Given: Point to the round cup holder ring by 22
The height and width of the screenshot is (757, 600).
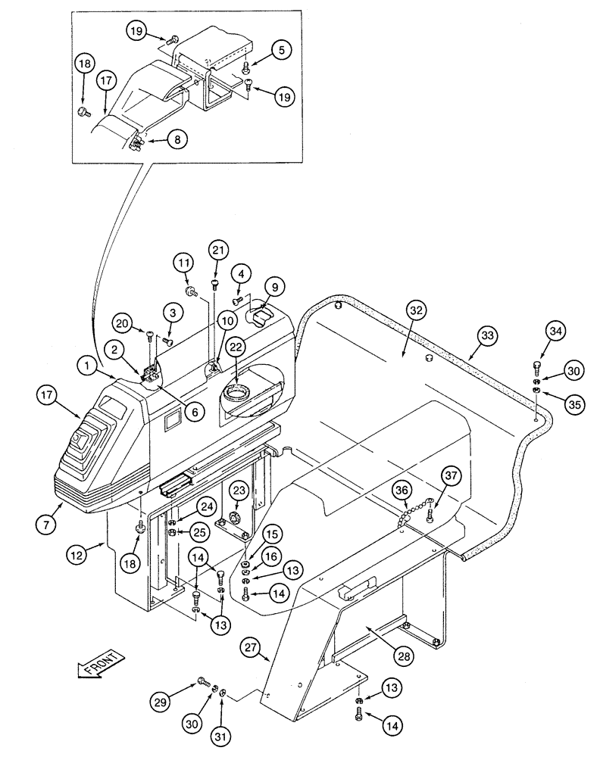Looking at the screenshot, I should point(236,394).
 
